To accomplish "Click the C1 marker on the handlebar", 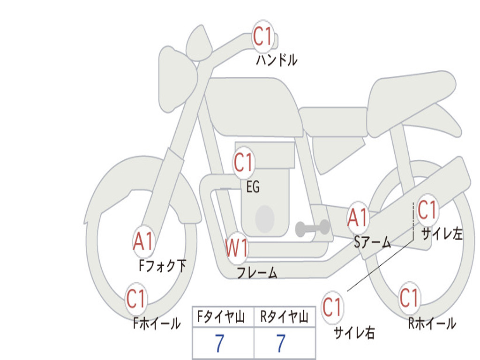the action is pos(262,36).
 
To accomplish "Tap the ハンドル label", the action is pos(277,60).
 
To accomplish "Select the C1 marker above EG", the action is pos(243,162).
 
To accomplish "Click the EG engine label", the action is pos(253,187).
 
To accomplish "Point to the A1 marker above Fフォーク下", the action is pos(143,242).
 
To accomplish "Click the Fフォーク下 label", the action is pos(163,265).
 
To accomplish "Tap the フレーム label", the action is pos(257,272).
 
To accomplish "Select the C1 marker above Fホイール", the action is pos(136,299).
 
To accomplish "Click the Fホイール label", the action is pos(157,323).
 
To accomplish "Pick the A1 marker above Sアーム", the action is pos(357,217).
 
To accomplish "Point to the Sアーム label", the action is pos(373,242).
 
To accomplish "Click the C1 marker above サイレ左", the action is pos(427,210).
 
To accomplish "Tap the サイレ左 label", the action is pos(442,234).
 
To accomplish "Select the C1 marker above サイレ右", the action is pos(332,307).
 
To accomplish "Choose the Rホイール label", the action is pos(432,323).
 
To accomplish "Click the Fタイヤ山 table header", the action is pos(221,317).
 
